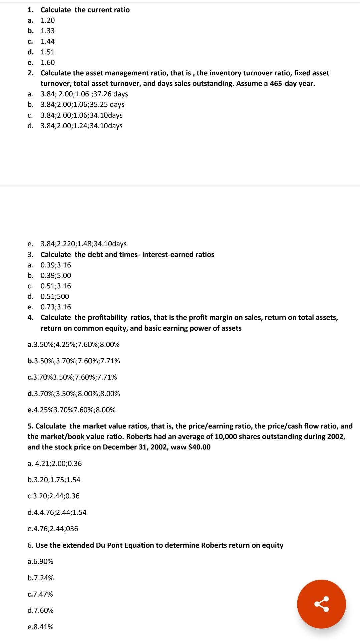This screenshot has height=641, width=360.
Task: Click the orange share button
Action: click(321, 604)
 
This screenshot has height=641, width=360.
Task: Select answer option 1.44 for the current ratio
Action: click(47, 41)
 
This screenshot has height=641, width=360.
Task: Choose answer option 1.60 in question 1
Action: click(47, 62)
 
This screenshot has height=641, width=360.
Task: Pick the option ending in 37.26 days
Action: click(84, 94)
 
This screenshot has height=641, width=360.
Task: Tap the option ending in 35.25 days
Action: click(82, 104)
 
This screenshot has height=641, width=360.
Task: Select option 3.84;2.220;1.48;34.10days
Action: click(83, 244)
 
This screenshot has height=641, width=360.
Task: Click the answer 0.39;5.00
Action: click(56, 275)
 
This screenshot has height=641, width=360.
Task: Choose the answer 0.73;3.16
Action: click(56, 307)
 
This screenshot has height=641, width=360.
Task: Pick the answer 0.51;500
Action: click(55, 296)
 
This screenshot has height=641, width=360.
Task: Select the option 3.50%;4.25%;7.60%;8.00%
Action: click(73, 344)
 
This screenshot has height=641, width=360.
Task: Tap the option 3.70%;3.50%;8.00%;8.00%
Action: click(74, 393)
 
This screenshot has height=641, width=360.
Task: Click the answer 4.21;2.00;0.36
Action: click(55, 463)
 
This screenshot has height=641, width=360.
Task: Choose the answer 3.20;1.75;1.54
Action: click(54, 480)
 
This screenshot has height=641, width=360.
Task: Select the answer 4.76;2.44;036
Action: click(53, 528)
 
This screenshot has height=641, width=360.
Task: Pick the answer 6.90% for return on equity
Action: click(40, 561)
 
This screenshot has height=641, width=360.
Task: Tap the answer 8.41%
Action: click(40, 627)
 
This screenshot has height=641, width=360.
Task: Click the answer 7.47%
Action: click(40, 594)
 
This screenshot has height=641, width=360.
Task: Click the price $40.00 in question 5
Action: click(199, 447)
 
